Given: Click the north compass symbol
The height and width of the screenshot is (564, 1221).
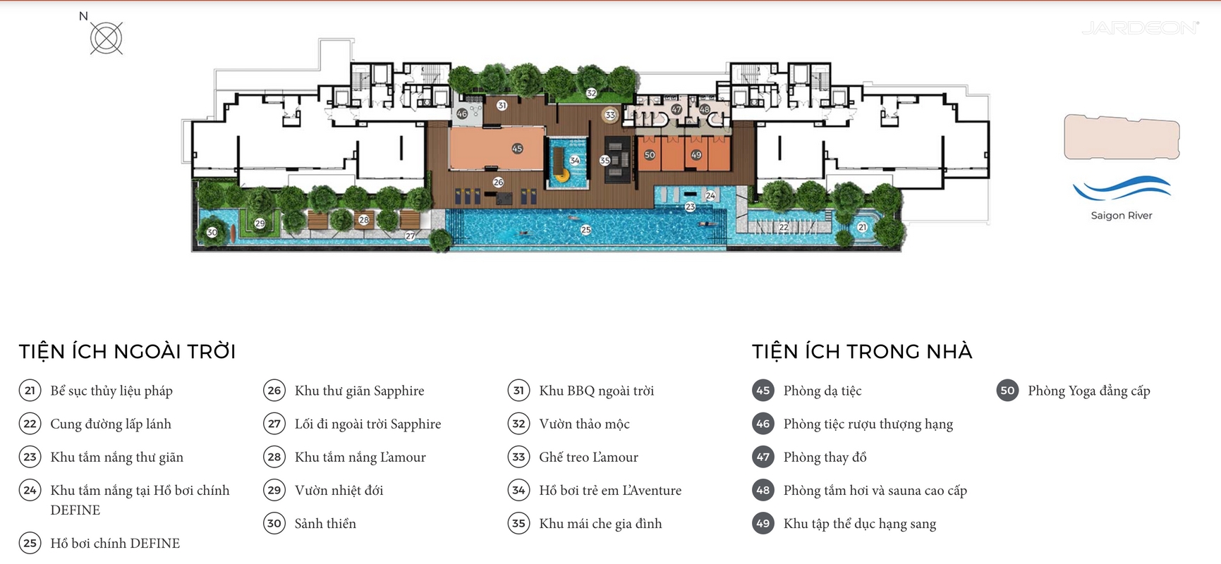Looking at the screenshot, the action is pos(107,37).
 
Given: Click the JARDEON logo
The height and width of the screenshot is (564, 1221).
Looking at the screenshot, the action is pos(1140,28).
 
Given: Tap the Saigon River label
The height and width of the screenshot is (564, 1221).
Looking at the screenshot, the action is pos(1121,216).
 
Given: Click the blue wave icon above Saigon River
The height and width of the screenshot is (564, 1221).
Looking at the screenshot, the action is pos(1121,188).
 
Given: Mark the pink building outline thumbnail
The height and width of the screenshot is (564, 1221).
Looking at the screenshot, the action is pos(1122,137).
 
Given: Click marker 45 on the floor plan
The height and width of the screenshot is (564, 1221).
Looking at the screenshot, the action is pos(517,149).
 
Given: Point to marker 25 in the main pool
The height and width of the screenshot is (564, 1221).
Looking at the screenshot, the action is pos(585,230).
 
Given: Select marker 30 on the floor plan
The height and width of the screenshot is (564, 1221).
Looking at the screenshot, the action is pos(212,232).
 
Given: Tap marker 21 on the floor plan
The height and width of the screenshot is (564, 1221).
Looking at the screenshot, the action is pos(862,227).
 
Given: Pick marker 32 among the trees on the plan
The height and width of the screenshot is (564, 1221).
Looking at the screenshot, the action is pos(591,93).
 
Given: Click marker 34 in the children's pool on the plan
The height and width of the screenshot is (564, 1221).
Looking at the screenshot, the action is pos(575,161).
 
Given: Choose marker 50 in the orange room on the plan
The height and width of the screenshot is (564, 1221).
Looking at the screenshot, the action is pos(650,155).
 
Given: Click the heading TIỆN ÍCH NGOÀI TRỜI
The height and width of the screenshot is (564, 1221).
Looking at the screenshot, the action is pos(127,351).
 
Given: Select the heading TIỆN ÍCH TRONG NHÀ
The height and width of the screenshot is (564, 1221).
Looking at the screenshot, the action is pos(862,351).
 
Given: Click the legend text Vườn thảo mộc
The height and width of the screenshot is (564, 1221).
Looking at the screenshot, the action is pos(584,424).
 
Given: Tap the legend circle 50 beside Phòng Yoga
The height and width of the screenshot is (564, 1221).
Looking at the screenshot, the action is pos(1007,391).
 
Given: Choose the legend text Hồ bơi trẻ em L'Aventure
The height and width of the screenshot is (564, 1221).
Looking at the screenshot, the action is pos(610,490).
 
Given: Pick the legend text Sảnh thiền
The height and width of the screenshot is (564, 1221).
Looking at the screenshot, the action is pos(325,523).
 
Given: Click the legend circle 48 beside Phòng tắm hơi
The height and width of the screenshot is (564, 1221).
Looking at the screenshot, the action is pos(763,490).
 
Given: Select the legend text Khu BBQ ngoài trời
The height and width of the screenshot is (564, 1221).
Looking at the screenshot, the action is pos(596,391).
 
